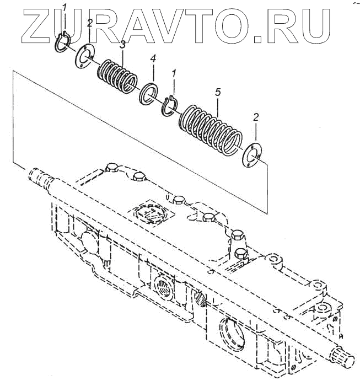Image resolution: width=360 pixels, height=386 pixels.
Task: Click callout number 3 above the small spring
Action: [123, 45]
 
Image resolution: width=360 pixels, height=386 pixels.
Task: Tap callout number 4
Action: [153, 58]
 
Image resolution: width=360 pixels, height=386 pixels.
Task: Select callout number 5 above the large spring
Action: [218, 92]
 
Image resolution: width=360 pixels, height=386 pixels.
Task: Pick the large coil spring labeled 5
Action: [211, 126]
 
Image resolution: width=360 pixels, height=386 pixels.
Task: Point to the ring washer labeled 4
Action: [149, 92]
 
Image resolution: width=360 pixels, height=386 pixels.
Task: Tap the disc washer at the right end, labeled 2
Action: [251, 154]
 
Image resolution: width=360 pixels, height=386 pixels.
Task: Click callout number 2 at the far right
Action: [255, 117]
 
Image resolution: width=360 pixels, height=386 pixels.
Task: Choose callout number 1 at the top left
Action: [65, 7]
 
